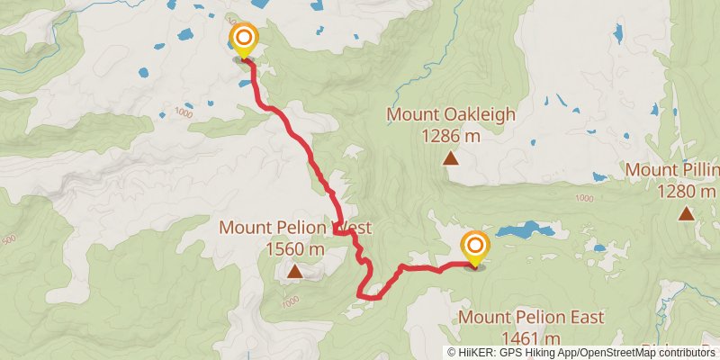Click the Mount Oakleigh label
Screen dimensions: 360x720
click(x=451, y=114)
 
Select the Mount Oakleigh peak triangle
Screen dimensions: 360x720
click(x=450, y=159)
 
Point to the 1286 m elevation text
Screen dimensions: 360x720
click(x=451, y=136)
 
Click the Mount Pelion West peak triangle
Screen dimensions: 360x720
click(x=294, y=270)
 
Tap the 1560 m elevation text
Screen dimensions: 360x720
click(x=295, y=248)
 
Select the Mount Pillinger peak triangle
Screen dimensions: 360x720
click(x=687, y=213)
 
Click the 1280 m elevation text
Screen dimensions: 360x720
click(x=686, y=191)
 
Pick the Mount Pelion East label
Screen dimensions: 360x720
click(x=531, y=318)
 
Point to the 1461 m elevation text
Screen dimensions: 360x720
click(x=531, y=338)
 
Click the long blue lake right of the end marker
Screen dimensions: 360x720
click(x=526, y=230)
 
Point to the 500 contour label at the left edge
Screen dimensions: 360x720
click(x=9, y=239)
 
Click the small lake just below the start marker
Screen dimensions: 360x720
click(x=245, y=85)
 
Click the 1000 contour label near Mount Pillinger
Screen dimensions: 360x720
click(x=583, y=198)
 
